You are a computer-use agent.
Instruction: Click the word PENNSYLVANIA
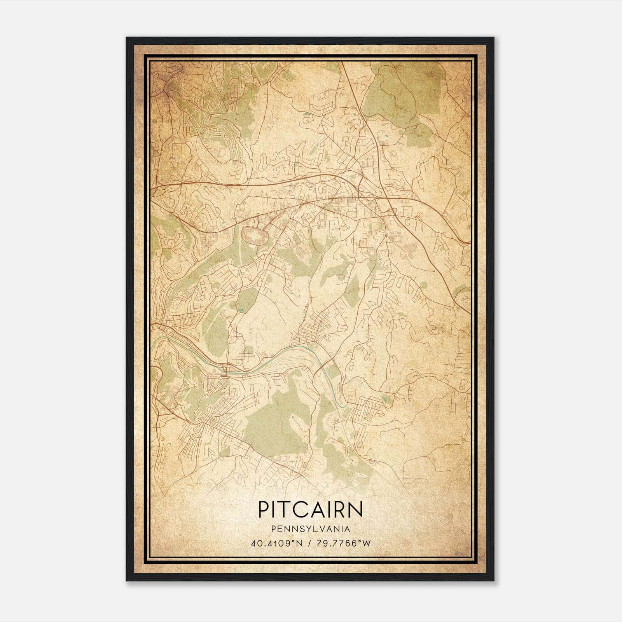311,529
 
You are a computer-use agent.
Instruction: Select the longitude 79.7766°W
344,543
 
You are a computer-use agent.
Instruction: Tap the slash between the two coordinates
309,543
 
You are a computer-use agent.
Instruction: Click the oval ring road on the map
255,236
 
